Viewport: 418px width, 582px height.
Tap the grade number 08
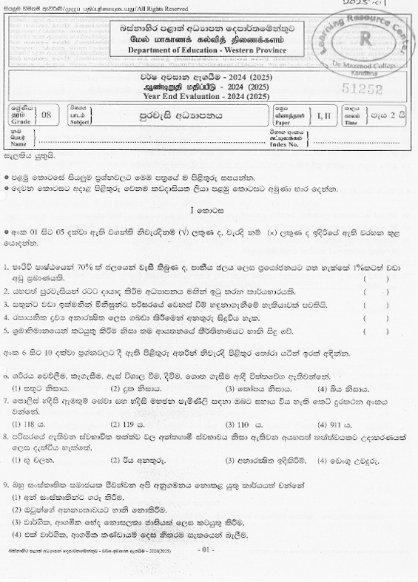(47, 116)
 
